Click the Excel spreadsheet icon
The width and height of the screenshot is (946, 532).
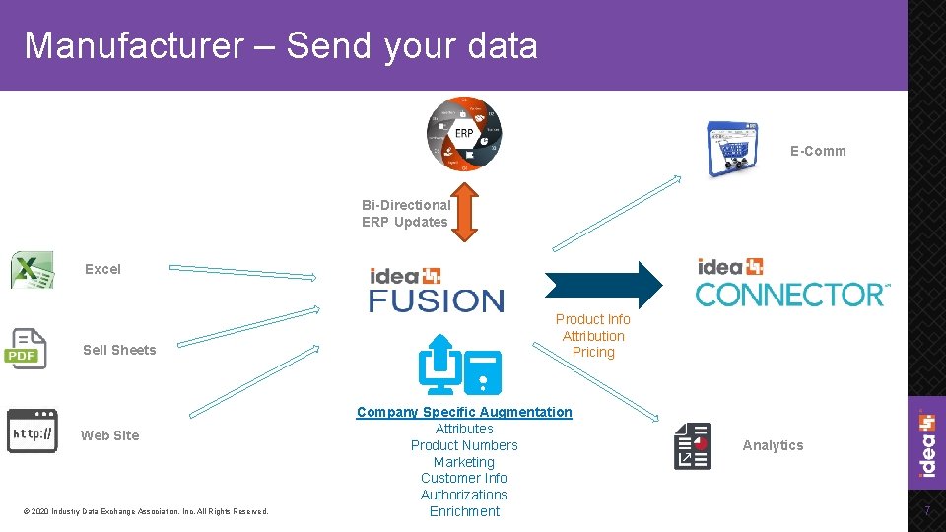point(32,270)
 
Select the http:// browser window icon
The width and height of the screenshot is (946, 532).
point(32,432)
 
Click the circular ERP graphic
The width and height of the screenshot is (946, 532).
point(463,134)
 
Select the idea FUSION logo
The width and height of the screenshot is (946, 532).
point(437,290)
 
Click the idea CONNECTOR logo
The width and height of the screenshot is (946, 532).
point(792,283)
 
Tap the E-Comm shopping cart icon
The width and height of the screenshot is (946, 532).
point(732,149)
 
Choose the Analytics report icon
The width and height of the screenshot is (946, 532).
point(693,445)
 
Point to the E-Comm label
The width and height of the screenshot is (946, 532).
point(818,151)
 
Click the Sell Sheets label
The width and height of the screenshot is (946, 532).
point(119,350)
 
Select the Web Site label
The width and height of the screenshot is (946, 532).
point(109,435)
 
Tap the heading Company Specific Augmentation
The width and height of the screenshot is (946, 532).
point(464,412)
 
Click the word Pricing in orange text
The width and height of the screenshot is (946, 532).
point(593,352)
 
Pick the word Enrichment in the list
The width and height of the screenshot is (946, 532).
point(464,511)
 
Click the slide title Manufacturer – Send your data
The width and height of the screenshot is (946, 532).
point(281,45)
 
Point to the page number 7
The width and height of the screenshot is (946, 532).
point(926,510)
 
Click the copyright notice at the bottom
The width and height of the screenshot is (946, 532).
point(145,511)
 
